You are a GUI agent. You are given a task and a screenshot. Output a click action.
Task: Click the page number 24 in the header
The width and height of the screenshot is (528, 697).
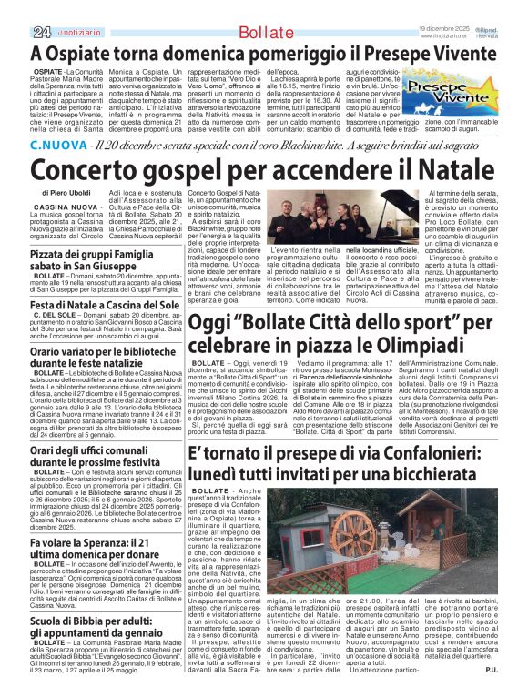[x=40, y=33]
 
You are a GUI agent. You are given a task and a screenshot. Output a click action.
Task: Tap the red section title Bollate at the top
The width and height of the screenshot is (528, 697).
[x=265, y=33]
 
